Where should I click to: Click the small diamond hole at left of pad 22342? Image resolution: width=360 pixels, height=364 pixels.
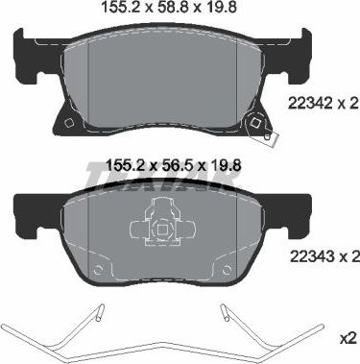[69, 122]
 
